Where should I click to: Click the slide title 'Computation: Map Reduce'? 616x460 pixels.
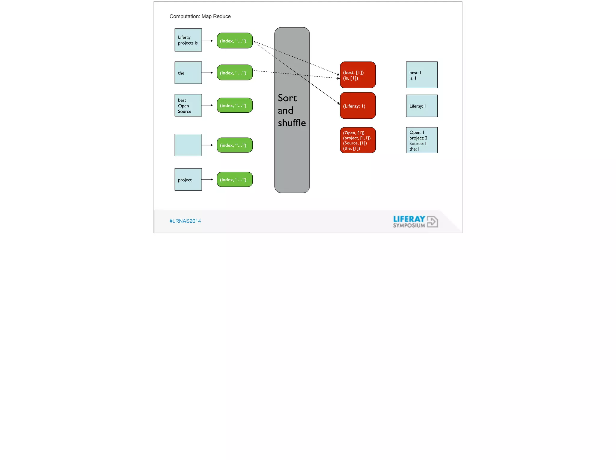pyautogui.click(x=200, y=16)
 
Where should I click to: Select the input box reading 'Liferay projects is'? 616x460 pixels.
pyautogui.click(x=188, y=40)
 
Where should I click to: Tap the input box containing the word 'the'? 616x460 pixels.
pyautogui.click(x=188, y=73)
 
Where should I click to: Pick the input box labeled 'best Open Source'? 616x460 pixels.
pyautogui.click(x=188, y=105)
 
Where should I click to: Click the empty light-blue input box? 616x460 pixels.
pyautogui.click(x=188, y=145)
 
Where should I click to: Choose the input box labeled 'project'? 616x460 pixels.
pyautogui.click(x=188, y=180)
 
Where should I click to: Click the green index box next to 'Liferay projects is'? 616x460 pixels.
pyautogui.click(x=235, y=41)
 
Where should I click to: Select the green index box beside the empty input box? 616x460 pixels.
pyautogui.click(x=235, y=145)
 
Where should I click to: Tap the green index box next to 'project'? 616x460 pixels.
pyautogui.click(x=235, y=180)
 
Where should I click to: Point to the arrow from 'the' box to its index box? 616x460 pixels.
pyautogui.click(x=207, y=73)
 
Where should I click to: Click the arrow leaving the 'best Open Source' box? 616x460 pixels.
pyautogui.click(x=207, y=105)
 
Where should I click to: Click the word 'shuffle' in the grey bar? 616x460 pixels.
pyautogui.click(x=292, y=123)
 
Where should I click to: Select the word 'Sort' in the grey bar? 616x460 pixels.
pyautogui.click(x=287, y=98)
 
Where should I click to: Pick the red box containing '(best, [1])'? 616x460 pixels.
pyautogui.click(x=358, y=75)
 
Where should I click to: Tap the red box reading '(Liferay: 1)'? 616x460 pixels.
pyautogui.click(x=358, y=106)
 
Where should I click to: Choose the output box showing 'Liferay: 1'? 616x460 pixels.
pyautogui.click(x=422, y=106)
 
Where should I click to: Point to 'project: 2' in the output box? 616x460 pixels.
pyautogui.click(x=418, y=138)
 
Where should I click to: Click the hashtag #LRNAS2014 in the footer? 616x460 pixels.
pyautogui.click(x=185, y=221)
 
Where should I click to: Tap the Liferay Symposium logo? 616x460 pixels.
pyautogui.click(x=415, y=222)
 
